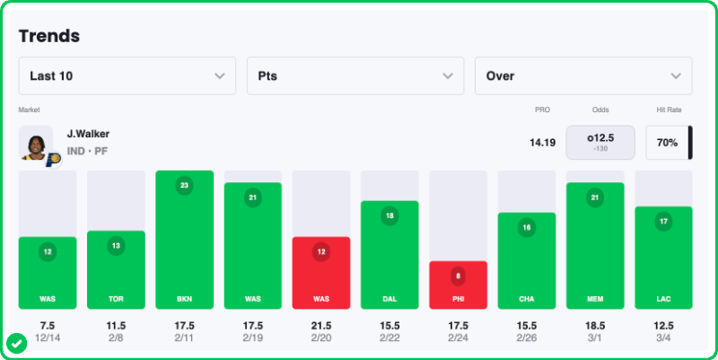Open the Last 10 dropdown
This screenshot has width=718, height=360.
[x=127, y=76]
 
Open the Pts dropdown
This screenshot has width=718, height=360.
[x=355, y=76]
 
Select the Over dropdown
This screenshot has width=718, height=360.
[x=582, y=76]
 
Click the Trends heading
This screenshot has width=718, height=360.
[x=49, y=36]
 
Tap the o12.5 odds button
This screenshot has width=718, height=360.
[x=600, y=142]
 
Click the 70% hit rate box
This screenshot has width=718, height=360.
[x=667, y=142]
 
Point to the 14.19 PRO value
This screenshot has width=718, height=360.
[x=542, y=142]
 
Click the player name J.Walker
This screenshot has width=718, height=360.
[x=88, y=134]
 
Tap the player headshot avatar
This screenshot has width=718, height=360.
[x=36, y=143]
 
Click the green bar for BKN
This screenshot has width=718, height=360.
[x=184, y=241]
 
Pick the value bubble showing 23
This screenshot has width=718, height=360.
[x=184, y=186]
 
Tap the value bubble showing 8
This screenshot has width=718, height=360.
[x=458, y=277]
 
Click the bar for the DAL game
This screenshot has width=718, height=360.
[x=390, y=256]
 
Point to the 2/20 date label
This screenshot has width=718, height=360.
[x=321, y=338]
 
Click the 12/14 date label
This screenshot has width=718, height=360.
[x=48, y=338]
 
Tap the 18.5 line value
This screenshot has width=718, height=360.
[x=595, y=325]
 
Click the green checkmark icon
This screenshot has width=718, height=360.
[x=15, y=343]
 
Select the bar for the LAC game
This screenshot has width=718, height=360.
[x=663, y=259]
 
